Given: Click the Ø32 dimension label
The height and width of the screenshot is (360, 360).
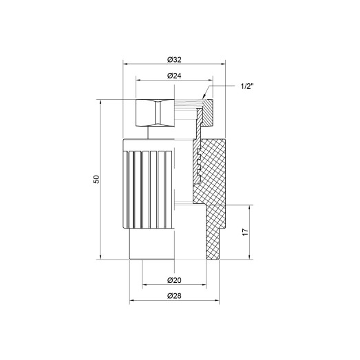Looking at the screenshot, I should (175, 56).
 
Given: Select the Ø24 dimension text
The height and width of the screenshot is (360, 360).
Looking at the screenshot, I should (174, 74).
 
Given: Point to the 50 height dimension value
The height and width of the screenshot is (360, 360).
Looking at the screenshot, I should (96, 179).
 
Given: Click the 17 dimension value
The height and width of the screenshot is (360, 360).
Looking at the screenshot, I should (245, 233).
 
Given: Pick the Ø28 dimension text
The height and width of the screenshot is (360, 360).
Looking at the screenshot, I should (174, 295).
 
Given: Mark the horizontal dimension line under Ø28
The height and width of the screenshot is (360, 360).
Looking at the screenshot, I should (174, 302).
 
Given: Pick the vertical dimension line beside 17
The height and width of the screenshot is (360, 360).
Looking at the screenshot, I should (251, 233).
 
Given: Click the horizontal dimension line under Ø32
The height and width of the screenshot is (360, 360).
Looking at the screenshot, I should (175, 63).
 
